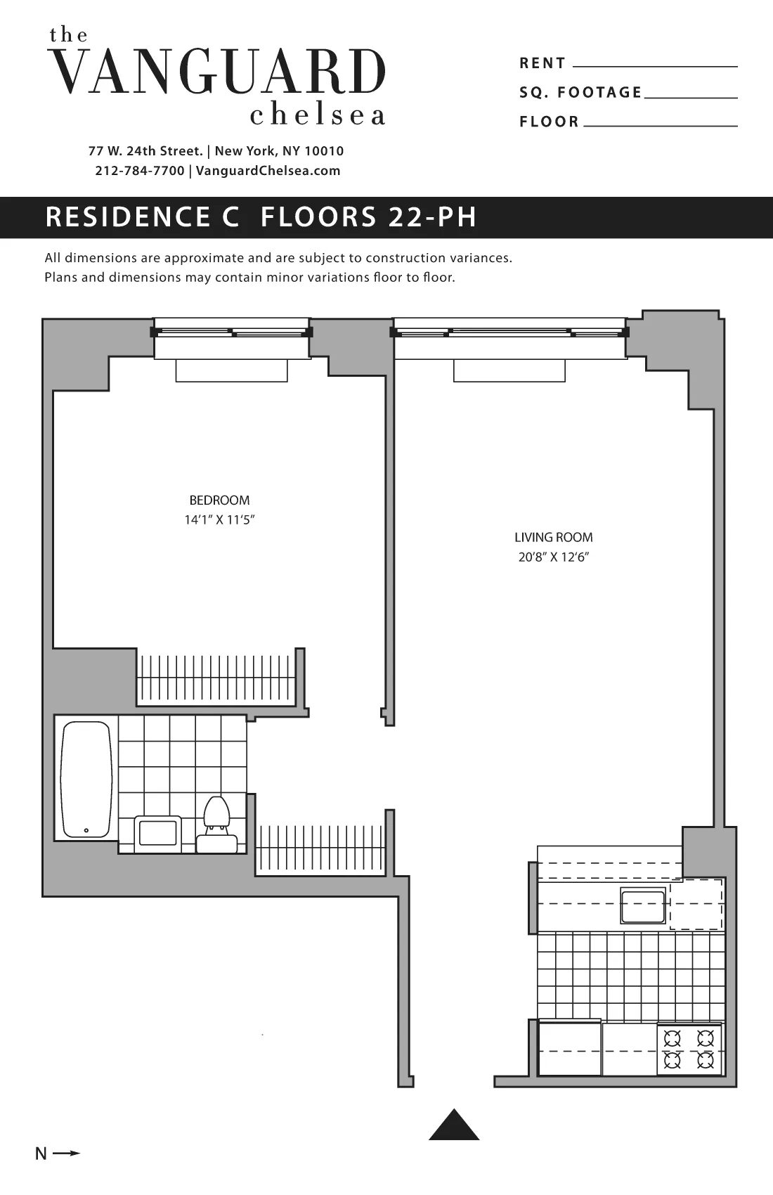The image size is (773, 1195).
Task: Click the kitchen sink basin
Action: click(642, 905)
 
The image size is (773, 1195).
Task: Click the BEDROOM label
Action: click(219, 500)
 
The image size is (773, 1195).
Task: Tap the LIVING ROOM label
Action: click(553, 538)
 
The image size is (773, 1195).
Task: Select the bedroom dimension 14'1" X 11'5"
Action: click(219, 521)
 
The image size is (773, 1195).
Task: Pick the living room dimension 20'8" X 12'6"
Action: click(553, 557)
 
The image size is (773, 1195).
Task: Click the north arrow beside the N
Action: click(67, 1154)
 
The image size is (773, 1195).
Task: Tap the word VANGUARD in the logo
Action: click(219, 72)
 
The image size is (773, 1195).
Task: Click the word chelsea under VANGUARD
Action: click(318, 115)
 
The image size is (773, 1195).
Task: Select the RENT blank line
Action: click(655, 65)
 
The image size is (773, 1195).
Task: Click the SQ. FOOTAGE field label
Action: click(580, 93)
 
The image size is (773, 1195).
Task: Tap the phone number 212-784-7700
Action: click(139, 171)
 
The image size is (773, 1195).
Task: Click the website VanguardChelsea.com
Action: click(268, 171)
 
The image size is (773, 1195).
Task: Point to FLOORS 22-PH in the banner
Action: click(368, 217)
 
